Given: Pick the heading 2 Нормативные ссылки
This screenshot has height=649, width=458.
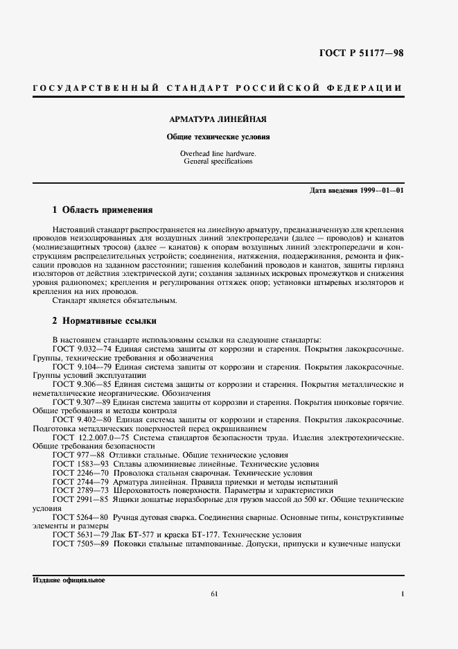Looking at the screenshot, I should [105, 321].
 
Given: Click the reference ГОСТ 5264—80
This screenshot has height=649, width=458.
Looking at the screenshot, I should [80, 517].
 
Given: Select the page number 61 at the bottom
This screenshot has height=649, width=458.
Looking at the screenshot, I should [214, 594].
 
